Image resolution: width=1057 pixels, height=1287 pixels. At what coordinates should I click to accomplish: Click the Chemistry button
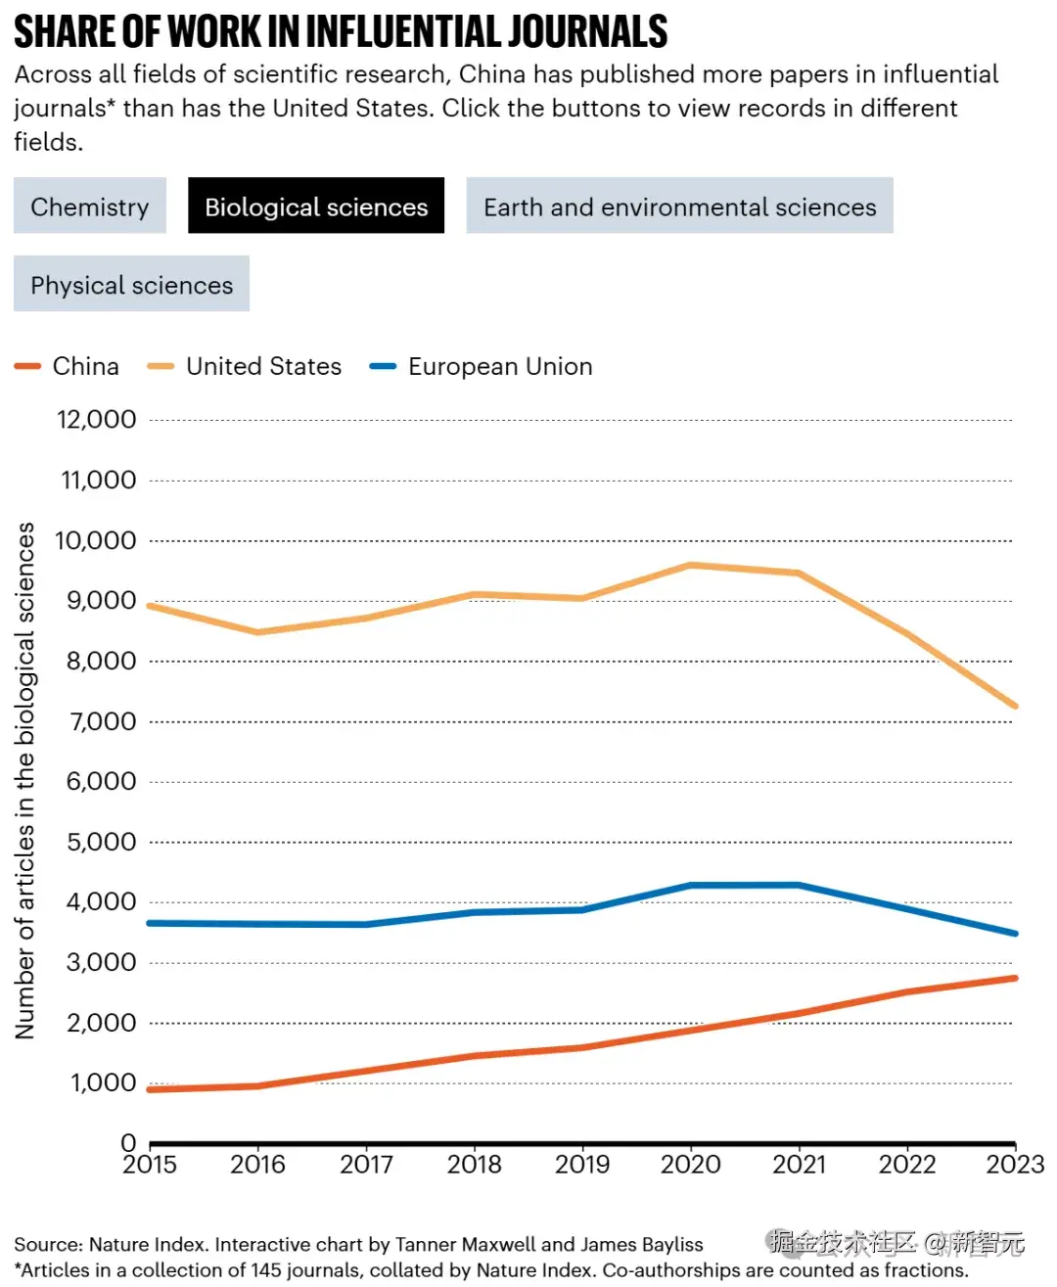click(90, 207)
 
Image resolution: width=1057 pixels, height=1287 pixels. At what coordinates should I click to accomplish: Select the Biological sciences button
click(316, 207)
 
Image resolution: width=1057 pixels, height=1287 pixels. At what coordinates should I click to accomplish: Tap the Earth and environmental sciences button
click(679, 207)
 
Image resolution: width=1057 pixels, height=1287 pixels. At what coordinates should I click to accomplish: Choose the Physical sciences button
click(131, 285)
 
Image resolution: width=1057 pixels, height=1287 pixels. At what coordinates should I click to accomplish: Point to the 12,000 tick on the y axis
click(97, 420)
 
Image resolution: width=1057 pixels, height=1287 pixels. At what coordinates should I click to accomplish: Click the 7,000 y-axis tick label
click(101, 721)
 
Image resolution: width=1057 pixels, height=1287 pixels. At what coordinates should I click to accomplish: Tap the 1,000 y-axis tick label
click(103, 1082)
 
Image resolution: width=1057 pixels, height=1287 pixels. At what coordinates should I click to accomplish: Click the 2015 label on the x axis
click(150, 1165)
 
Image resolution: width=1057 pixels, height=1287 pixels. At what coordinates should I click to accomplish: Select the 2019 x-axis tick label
click(582, 1165)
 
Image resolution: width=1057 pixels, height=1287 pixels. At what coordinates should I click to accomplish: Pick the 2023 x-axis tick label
click(1015, 1165)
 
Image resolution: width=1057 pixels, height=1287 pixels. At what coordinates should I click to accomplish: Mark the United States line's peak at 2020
click(691, 565)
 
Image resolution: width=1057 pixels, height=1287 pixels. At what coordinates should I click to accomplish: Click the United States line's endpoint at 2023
click(1015, 706)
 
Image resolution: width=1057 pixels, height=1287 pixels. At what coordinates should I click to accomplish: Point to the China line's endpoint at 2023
click(1015, 978)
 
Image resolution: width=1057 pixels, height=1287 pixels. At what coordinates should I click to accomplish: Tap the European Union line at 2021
click(800, 885)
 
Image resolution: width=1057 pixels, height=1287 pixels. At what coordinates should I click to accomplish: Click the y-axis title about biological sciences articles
click(25, 780)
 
